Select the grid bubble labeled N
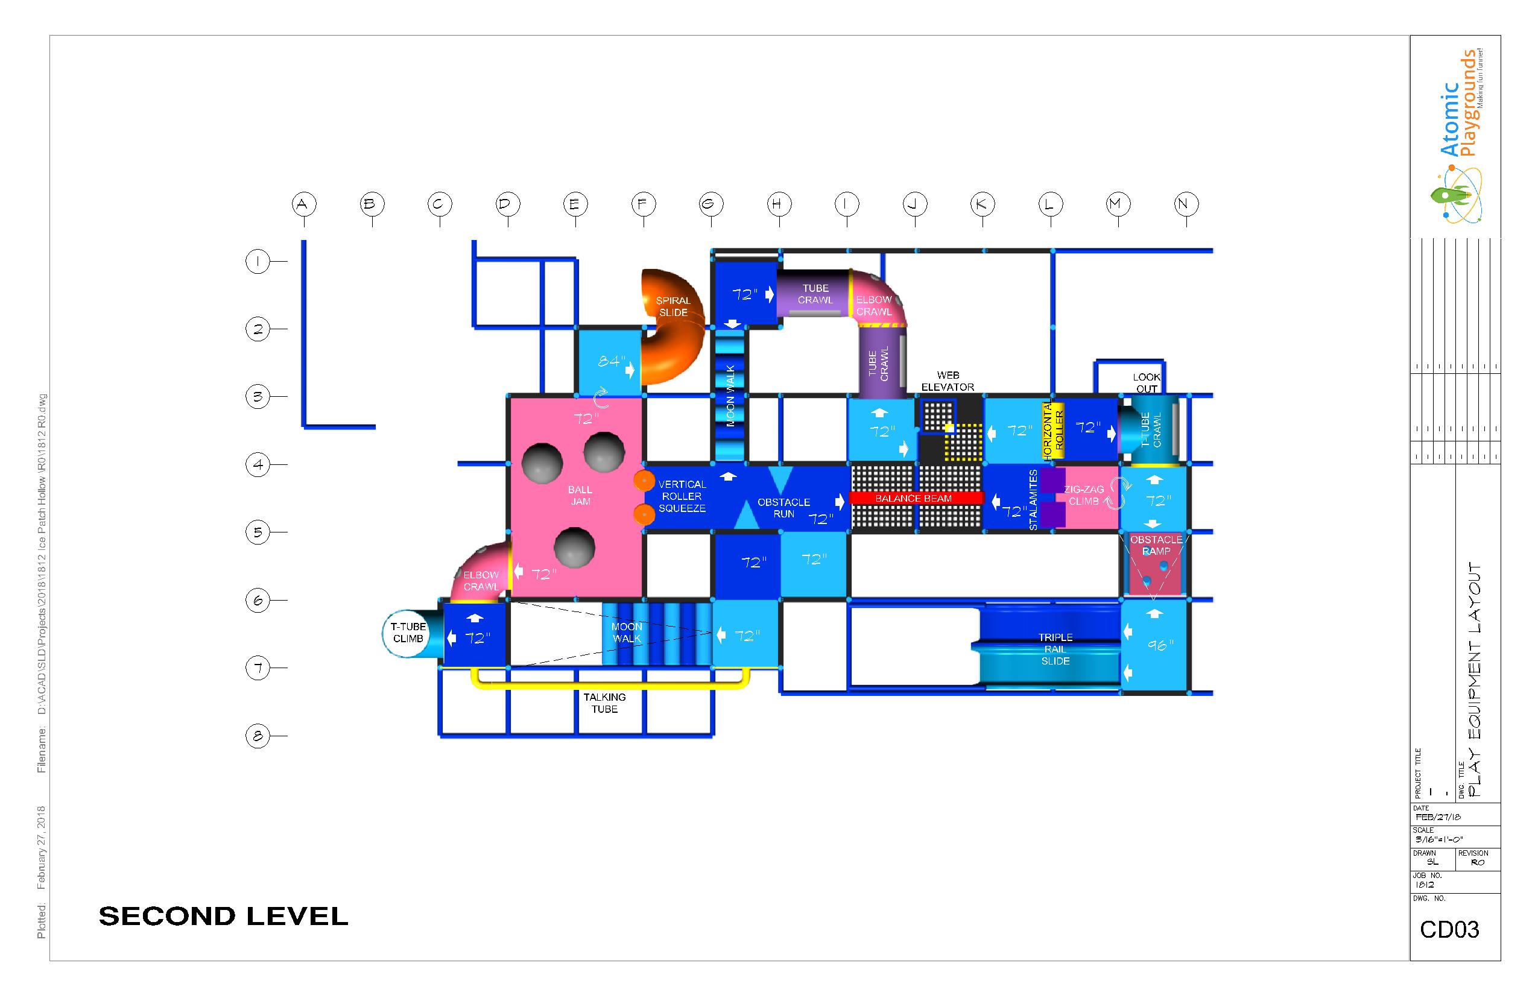[1186, 204]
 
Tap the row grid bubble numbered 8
[258, 736]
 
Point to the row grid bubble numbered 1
[258, 262]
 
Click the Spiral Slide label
[672, 306]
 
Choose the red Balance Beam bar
[916, 498]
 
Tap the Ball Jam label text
[580, 496]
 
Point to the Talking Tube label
[604, 703]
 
